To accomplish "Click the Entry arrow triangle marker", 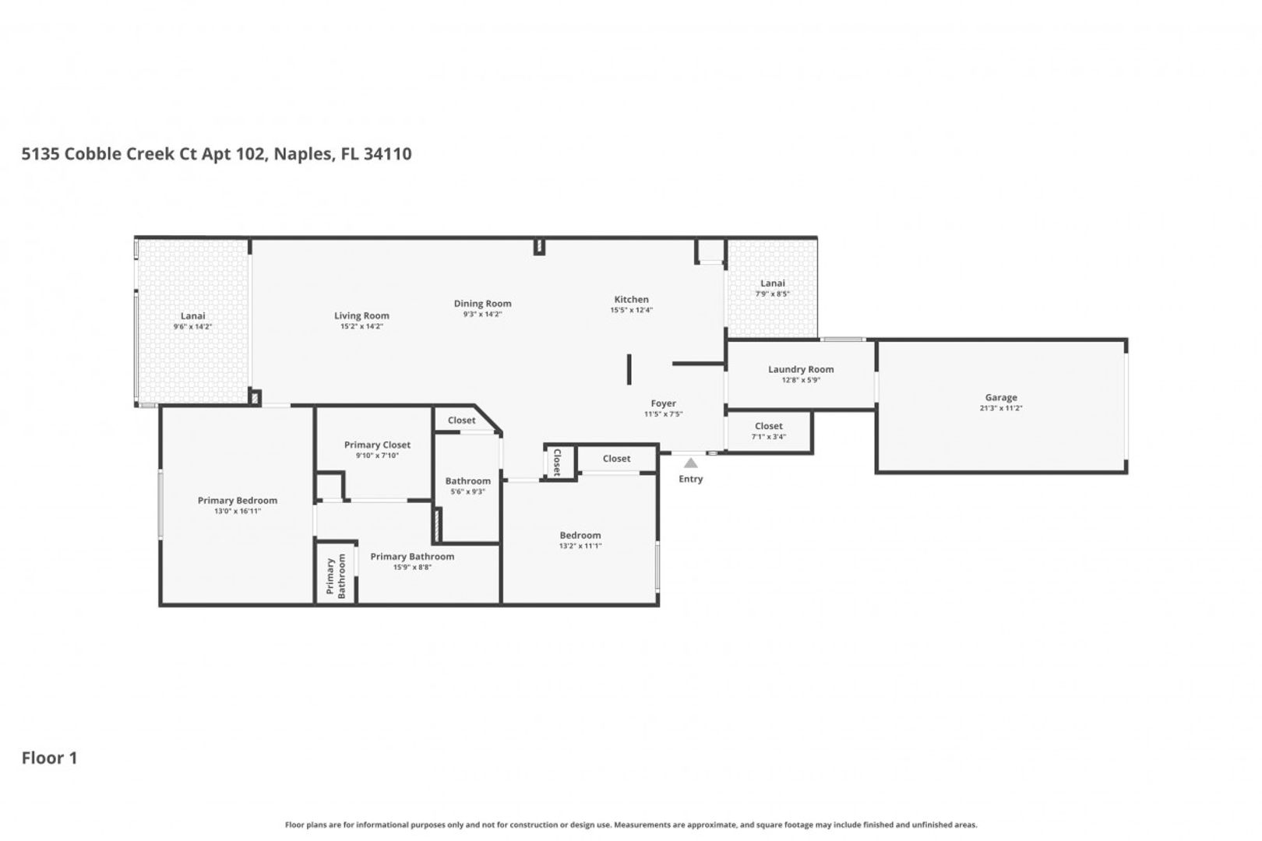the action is point(691,463).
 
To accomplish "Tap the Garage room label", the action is point(1001,398).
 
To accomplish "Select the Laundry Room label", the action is point(801,370).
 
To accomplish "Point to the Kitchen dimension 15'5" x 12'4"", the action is point(632,310).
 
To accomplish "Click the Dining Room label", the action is point(483,304).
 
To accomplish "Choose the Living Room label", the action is point(361,316).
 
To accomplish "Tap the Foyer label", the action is point(663,404).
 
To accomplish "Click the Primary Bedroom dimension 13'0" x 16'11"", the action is point(238,512).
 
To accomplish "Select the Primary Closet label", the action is point(378,445).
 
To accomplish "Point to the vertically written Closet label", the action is point(558,463).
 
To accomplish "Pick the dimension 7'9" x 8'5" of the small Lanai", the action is point(773,294).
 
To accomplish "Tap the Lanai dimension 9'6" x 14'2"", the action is point(192,327).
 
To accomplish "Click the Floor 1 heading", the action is point(50,758).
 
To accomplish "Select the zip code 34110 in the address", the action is point(388,153).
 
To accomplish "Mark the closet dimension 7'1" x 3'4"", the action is point(768,437).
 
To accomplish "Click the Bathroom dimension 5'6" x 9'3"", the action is point(467,492).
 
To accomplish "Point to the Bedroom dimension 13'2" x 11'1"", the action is point(580,546).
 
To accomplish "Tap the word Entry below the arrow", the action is point(691,479).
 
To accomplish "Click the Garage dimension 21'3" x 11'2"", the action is point(1001,408).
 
